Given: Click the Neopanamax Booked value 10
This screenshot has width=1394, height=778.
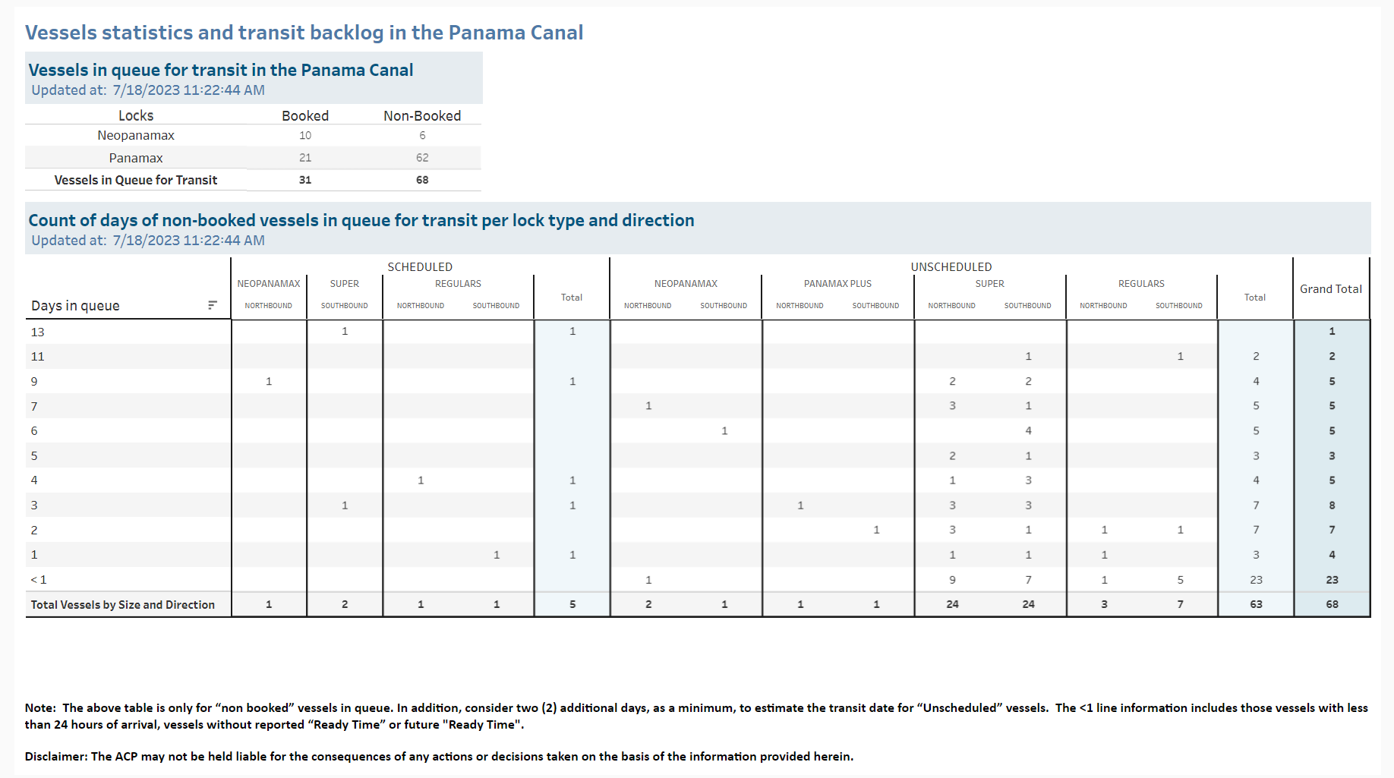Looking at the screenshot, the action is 305,136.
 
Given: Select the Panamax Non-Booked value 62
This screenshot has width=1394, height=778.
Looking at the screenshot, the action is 422,158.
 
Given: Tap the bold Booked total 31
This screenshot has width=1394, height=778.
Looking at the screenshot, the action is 305,180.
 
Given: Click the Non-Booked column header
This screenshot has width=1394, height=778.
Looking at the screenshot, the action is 422,115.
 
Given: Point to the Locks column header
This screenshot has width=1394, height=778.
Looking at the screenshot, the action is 136,115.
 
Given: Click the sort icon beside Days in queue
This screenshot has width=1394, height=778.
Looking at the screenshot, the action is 213,305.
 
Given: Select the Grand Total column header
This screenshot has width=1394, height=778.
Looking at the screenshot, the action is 1331,289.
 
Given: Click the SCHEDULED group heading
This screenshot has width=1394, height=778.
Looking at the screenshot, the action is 420,267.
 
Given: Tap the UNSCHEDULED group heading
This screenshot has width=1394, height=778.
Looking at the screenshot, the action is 951,267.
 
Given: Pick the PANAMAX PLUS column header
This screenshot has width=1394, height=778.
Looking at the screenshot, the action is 837,284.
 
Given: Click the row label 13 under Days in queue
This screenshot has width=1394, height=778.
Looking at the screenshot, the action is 38,332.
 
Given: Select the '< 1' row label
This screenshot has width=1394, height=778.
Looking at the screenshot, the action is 39,580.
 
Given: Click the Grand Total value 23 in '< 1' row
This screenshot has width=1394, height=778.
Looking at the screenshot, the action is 1332,580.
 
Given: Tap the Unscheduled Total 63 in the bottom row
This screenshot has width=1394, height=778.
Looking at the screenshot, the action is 1256,604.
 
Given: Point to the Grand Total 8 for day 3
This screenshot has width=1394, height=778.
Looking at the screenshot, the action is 1332,506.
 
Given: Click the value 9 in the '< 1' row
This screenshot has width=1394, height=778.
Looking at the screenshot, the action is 952,580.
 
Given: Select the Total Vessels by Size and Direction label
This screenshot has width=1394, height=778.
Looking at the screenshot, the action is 123,605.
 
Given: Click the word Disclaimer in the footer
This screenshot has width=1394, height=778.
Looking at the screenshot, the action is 56,757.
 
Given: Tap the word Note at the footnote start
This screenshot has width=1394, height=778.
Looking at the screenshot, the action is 39,708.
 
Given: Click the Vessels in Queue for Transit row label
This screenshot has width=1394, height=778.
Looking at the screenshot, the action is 136,180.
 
